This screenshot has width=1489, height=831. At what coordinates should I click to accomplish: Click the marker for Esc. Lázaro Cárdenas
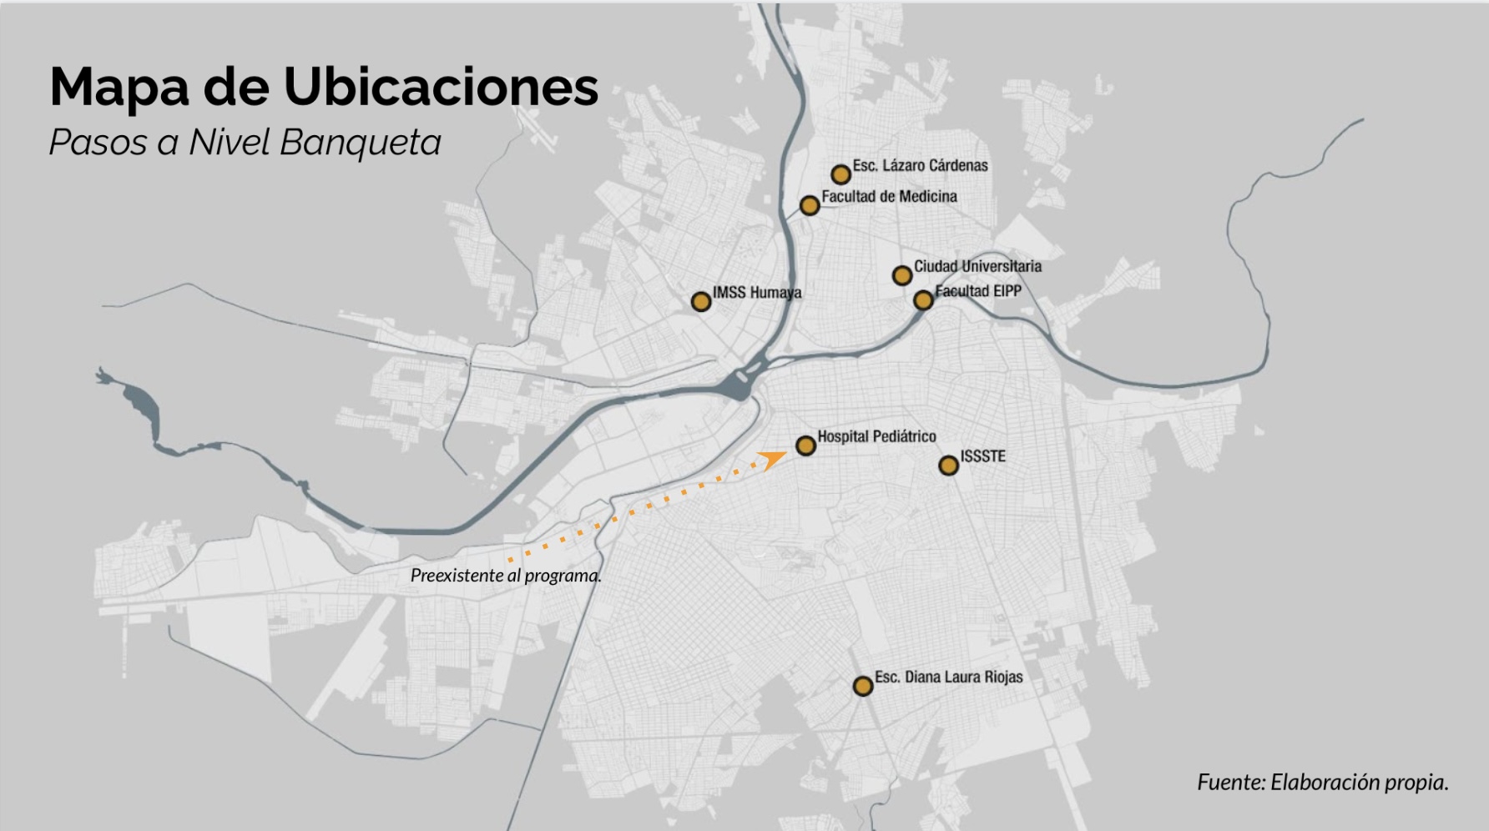tap(840, 174)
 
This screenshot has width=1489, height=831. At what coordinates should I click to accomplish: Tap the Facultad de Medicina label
tap(889, 197)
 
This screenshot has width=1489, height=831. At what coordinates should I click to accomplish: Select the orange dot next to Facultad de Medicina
tap(810, 205)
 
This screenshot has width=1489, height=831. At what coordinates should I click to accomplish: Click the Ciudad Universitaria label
tap(977, 267)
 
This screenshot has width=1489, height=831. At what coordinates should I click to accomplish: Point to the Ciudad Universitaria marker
tap(902, 275)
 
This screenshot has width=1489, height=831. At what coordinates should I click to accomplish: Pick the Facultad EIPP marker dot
tap(923, 300)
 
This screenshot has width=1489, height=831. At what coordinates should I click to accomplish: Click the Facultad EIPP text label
tap(978, 291)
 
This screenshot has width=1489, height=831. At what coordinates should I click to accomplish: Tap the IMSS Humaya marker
tap(701, 302)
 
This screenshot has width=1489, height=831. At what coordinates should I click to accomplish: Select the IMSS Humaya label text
tap(757, 293)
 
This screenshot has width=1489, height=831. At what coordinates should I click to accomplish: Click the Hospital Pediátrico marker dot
tap(805, 446)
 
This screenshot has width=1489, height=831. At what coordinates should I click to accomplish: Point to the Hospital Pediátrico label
tap(876, 436)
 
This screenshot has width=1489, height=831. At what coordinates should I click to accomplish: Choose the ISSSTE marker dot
tap(948, 466)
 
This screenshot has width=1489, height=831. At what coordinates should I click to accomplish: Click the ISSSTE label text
tap(982, 456)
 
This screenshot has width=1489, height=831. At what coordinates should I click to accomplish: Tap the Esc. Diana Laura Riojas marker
tap(863, 686)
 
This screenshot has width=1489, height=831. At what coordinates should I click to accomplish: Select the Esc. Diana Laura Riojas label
tap(948, 677)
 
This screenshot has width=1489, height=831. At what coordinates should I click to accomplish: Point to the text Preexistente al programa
tap(506, 576)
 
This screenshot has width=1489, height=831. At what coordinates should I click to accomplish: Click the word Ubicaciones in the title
tap(441, 86)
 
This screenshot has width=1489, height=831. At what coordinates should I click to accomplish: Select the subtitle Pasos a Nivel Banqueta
tap(245, 142)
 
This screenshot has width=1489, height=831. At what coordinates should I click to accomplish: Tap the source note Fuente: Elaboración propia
tap(1322, 783)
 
